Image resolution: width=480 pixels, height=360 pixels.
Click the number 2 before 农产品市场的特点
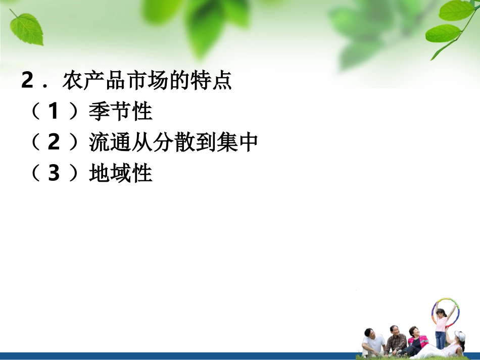(27, 81)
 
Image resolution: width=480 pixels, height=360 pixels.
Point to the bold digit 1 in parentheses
(54, 112)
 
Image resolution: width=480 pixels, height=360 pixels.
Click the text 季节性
(120, 112)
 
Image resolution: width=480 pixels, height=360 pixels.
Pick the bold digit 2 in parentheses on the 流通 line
(54, 143)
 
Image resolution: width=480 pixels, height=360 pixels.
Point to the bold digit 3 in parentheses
(54, 174)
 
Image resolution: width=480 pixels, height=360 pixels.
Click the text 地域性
(120, 174)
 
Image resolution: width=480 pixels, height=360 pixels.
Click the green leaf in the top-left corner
(27, 28)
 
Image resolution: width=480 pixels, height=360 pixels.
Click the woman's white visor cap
(459, 336)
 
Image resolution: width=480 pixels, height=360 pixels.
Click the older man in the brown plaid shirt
(396, 340)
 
